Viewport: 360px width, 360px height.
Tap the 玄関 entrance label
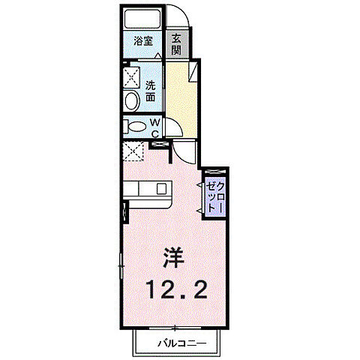tap(176, 44)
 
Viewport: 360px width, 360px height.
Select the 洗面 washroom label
tap(150, 91)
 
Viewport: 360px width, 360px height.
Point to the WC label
tap(154, 127)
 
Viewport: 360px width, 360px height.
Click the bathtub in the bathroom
tap(143, 19)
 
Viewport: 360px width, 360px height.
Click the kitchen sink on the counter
tap(160, 189)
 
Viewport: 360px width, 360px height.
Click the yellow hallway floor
tap(180, 97)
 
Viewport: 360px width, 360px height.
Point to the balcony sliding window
tap(174, 328)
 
